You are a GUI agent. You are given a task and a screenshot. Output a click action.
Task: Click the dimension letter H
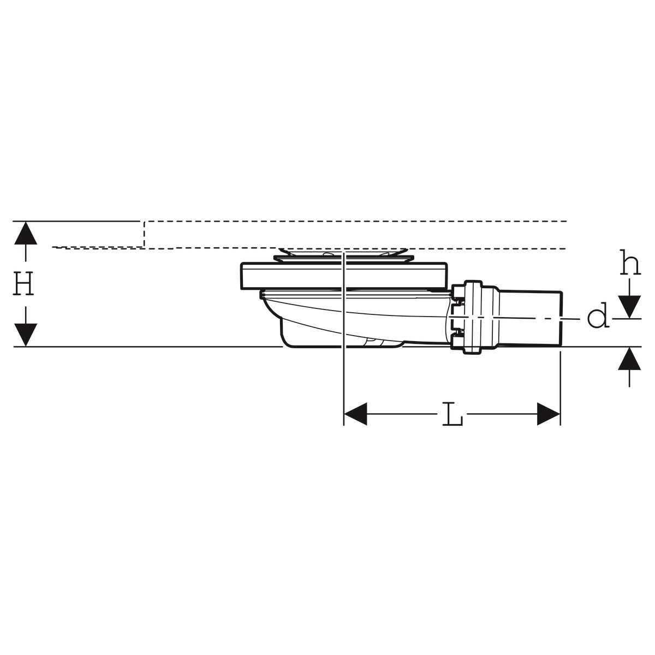pos(24,284)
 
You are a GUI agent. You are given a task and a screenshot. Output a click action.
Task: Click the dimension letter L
pos(451,414)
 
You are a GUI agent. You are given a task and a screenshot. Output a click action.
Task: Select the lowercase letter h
pos(630,264)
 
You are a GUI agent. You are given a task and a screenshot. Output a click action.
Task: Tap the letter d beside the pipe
pos(598,318)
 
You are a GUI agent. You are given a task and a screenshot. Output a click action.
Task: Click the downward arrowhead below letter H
pos(25,334)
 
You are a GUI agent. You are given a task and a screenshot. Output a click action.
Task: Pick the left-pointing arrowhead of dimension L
pos(355,414)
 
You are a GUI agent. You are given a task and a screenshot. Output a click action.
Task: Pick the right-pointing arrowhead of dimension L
pos(549,414)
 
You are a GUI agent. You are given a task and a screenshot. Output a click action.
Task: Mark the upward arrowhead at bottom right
pos(630,360)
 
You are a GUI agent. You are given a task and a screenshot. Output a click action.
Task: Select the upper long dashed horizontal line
pos(355,222)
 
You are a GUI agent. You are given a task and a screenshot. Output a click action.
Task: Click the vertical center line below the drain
pos(343,382)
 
